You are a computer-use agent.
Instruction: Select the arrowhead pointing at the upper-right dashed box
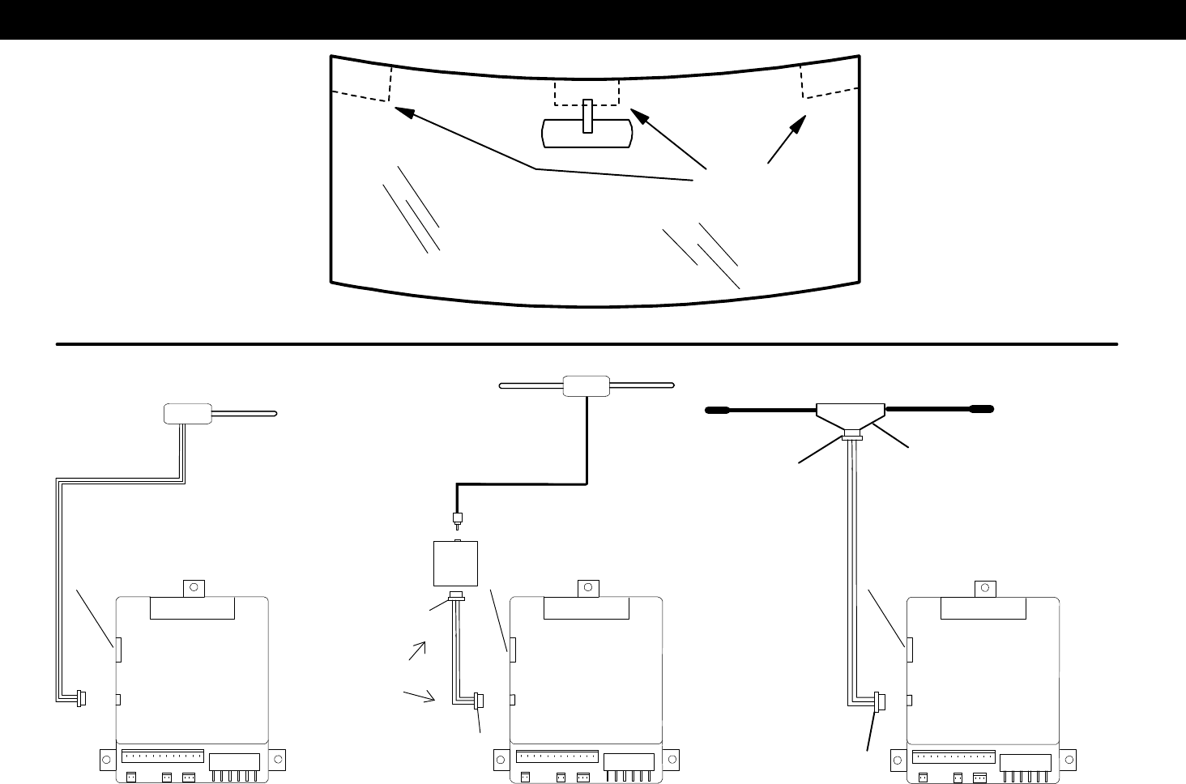(798, 126)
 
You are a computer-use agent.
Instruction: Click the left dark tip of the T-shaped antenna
(715, 410)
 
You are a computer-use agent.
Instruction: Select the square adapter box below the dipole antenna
(456, 564)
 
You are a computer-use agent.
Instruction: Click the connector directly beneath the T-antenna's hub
(851, 437)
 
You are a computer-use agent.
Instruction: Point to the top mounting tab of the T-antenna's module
(985, 586)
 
